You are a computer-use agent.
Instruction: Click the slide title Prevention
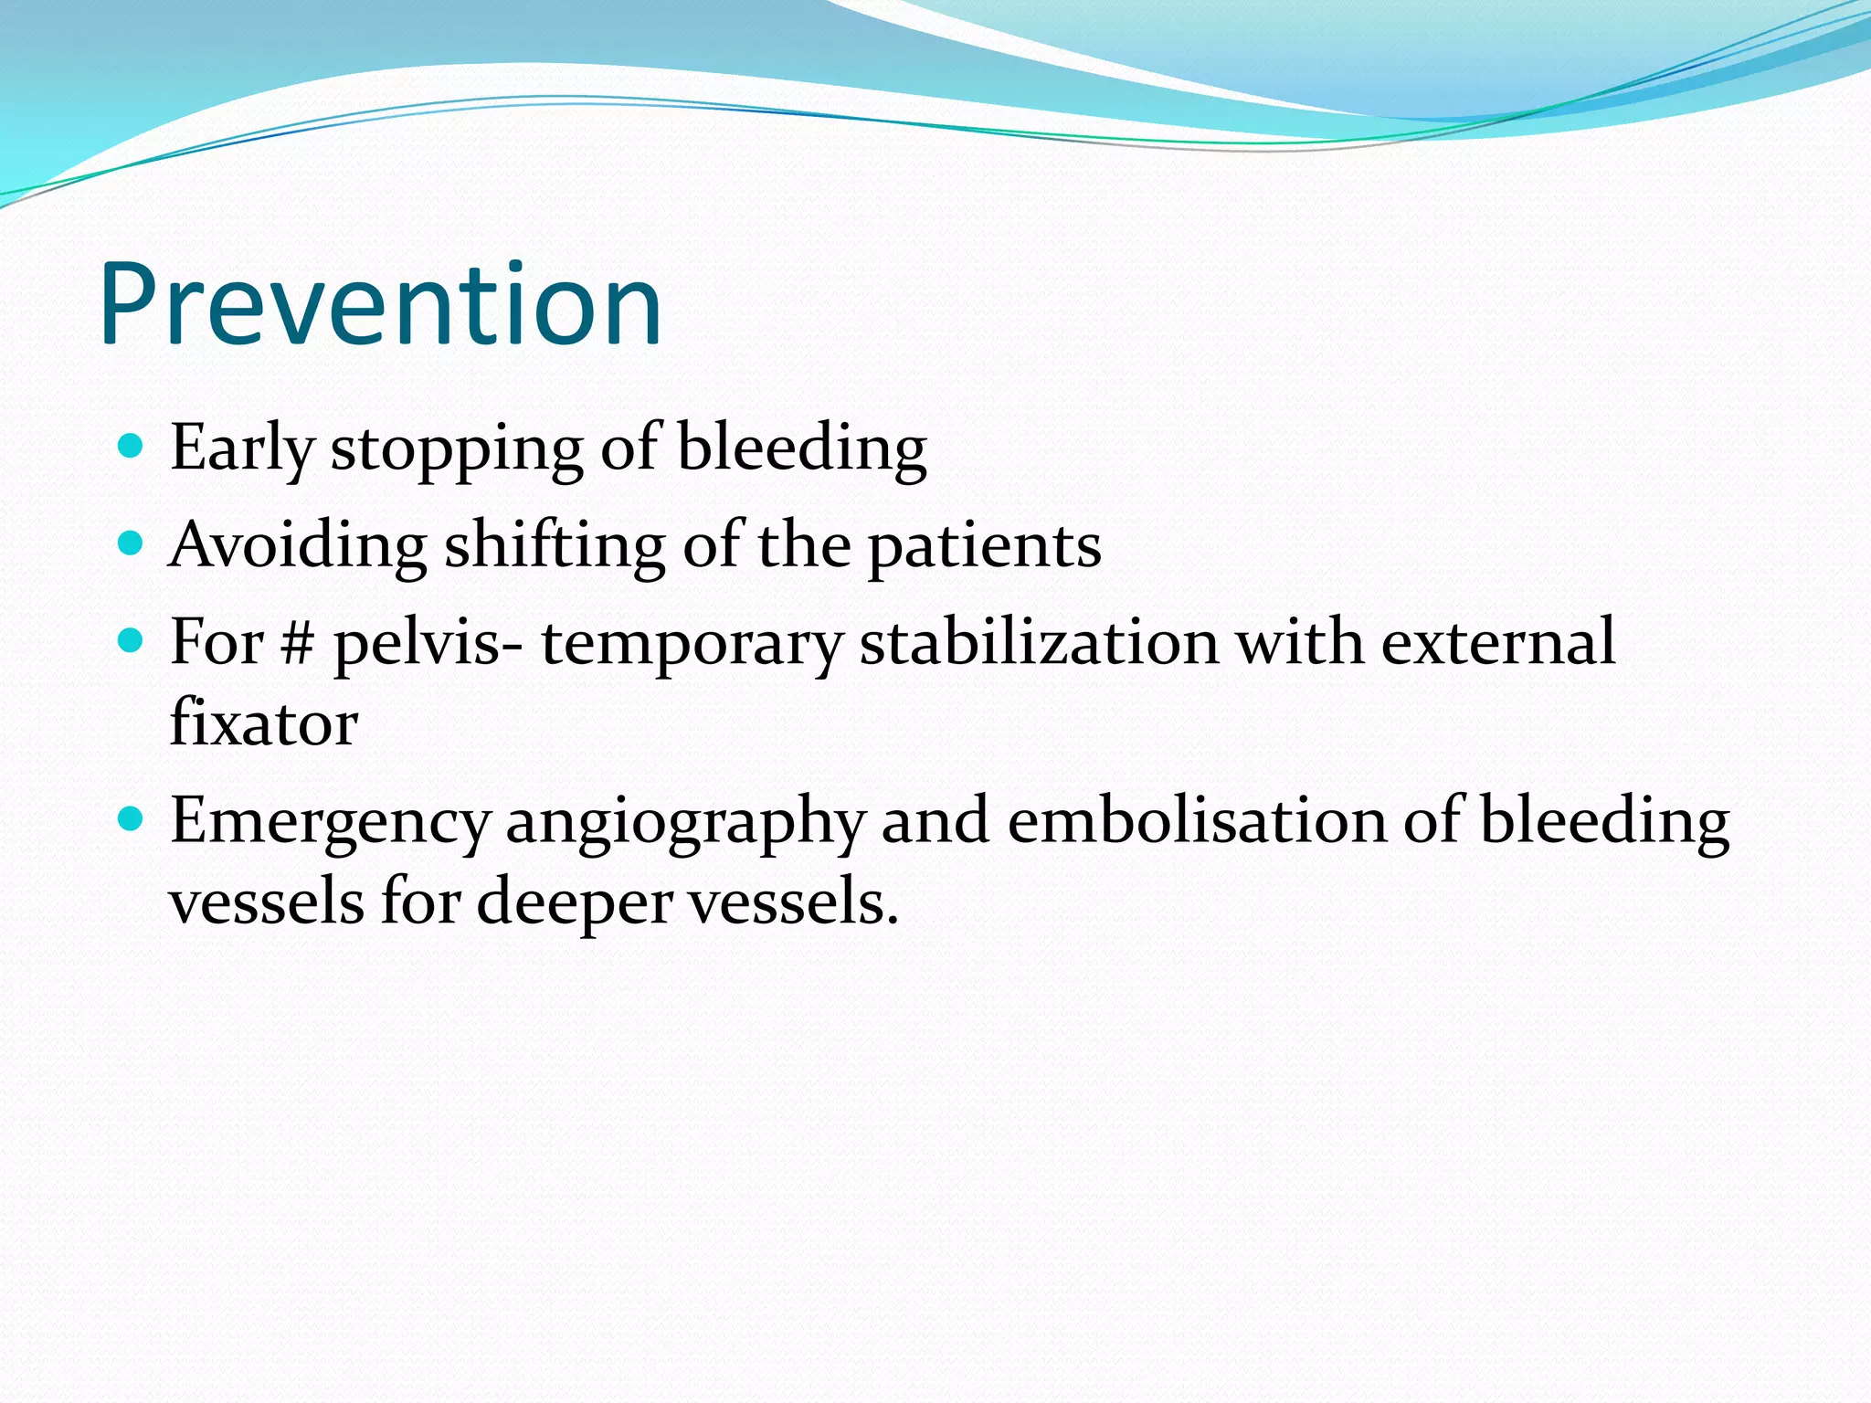tap(380, 305)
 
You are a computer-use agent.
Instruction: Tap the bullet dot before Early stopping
tap(132, 446)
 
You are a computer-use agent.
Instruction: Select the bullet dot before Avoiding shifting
tap(132, 543)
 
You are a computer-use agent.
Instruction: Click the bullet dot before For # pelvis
tap(132, 640)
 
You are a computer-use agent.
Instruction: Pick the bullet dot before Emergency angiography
tap(132, 818)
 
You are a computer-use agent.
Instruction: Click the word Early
tap(242, 449)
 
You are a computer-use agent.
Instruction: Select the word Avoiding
tap(298, 545)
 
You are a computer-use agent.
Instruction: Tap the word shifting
tap(555, 545)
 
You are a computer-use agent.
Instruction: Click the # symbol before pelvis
tap(297, 643)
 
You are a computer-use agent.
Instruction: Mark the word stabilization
tap(1040, 642)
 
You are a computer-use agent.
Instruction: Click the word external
tap(1498, 642)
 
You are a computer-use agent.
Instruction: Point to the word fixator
tap(264, 723)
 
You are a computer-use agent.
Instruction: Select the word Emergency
tap(330, 822)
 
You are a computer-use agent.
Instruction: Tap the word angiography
tap(684, 822)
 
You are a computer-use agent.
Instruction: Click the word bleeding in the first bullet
tap(802, 449)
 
